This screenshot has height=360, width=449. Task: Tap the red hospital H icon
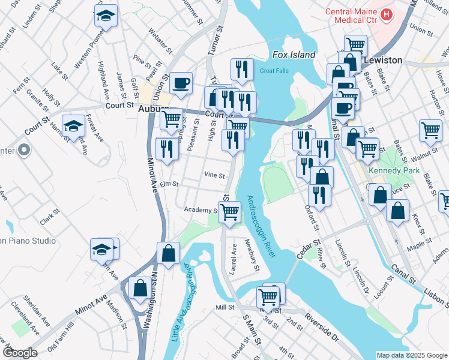click(387, 13)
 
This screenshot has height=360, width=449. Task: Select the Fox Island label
click(294, 55)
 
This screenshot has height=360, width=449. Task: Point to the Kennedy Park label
click(388, 172)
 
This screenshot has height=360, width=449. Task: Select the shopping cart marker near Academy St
click(230, 211)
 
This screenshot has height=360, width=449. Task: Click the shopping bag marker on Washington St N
click(169, 253)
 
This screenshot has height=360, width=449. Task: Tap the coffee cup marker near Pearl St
click(181, 83)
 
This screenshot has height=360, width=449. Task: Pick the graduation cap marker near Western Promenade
click(106, 16)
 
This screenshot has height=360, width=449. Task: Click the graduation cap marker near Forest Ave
click(73, 125)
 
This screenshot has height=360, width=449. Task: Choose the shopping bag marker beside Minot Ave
click(140, 287)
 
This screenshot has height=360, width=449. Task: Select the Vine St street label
click(214, 175)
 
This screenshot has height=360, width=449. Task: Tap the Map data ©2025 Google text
click(411, 355)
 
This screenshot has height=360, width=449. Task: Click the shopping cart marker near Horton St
click(430, 129)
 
